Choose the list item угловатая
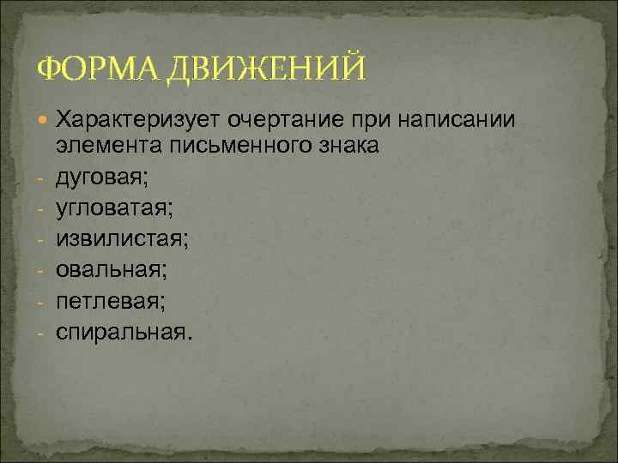point(110,207)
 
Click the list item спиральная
point(119,330)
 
